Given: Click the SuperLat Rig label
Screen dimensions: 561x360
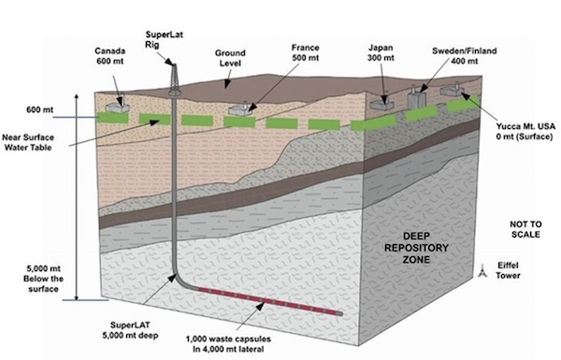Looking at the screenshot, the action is tap(165, 39).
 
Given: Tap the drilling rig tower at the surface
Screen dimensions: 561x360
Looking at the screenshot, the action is tap(174, 79).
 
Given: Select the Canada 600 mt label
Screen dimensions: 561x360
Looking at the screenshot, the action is tap(110, 56).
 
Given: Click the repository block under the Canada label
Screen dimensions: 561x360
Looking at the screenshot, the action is tap(117, 106).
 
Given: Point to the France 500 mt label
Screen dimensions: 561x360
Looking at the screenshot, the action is tap(305, 52).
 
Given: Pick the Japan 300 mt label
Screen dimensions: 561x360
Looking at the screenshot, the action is tap(381, 52).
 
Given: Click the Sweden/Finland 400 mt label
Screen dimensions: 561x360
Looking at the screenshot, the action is tap(465, 56).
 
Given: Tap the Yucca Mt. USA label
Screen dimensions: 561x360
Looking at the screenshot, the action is tap(525, 131).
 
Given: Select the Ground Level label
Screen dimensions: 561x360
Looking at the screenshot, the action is tap(230, 58).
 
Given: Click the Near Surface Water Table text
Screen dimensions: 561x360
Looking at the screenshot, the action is tap(28, 142).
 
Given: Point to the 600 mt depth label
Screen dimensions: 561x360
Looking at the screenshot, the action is tap(39, 109).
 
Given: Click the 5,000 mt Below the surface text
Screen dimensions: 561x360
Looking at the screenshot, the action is tap(43, 279).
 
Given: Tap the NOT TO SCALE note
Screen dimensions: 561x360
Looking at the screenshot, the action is tap(525, 229).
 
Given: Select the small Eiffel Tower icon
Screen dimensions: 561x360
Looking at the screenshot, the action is tap(482, 271).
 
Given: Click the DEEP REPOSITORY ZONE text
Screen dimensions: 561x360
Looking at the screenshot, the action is tap(416, 248).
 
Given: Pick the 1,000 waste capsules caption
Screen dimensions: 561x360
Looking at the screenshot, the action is tap(228, 344).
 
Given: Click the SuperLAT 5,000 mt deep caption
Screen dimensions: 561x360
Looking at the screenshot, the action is tap(130, 331).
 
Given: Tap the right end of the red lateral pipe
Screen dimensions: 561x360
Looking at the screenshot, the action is tap(340, 314).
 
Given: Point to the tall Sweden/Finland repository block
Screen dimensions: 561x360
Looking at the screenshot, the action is tap(415, 96).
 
